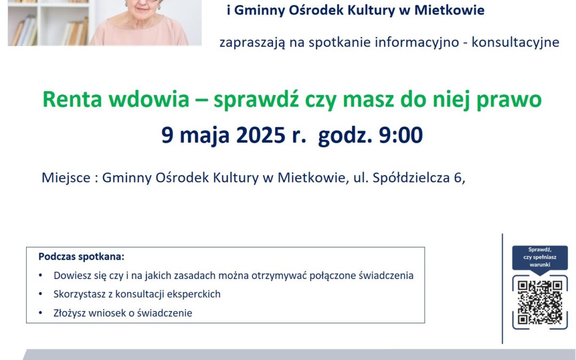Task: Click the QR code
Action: [540, 302]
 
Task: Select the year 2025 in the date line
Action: [260, 135]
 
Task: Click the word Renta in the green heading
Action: [72, 99]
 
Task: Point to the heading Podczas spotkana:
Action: [82, 257]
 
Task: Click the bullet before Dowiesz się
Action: [41, 275]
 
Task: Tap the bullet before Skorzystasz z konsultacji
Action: [41, 294]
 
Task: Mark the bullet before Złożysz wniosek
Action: [41, 313]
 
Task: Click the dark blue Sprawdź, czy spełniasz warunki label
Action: [540, 257]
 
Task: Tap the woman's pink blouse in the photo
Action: [139, 33]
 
